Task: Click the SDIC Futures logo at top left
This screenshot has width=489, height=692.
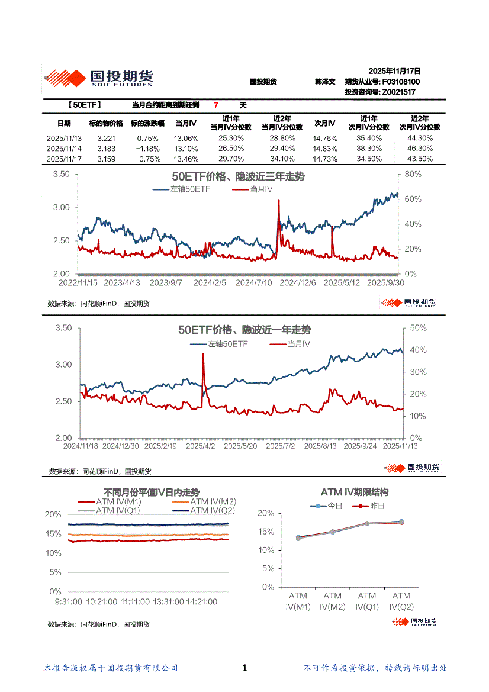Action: (x=98, y=78)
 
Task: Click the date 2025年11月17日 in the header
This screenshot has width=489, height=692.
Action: (x=394, y=70)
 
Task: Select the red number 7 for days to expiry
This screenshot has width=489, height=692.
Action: (x=216, y=105)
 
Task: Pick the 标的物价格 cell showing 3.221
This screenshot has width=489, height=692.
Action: (x=106, y=138)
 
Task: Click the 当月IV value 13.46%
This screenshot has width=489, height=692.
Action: (x=186, y=159)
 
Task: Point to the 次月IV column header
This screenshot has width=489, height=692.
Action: (x=324, y=123)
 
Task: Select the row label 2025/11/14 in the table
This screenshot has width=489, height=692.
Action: (x=64, y=149)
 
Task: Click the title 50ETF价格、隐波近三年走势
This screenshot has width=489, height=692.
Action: (x=238, y=177)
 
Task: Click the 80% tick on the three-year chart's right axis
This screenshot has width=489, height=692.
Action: (x=413, y=174)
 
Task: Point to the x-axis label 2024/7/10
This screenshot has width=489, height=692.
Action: (x=253, y=283)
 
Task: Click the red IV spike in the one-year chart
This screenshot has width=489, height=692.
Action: (x=204, y=356)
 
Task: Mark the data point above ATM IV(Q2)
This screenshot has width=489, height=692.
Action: (x=401, y=522)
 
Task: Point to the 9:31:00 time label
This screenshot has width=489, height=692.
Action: (x=67, y=601)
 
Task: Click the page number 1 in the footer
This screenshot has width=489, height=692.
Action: (x=244, y=668)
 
